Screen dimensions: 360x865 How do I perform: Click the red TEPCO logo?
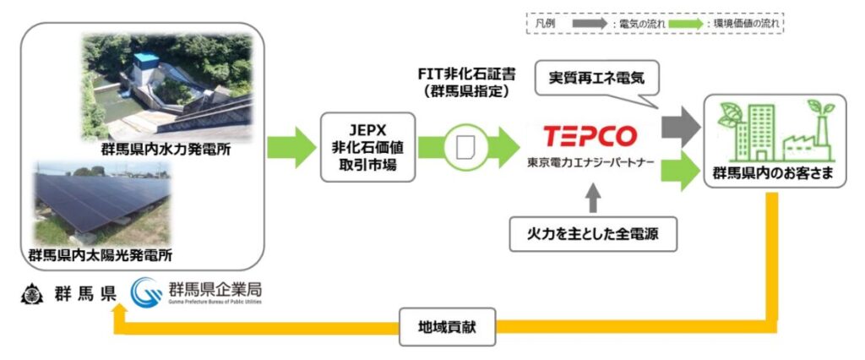pyautogui.click(x=590, y=136)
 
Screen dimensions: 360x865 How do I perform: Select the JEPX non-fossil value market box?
pyautogui.click(x=368, y=147)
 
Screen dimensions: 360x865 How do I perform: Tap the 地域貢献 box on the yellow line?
pyautogui.click(x=447, y=325)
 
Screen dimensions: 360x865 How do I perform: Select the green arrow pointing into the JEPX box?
pyautogui.click(x=290, y=147)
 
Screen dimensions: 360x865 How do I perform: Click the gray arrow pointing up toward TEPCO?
pyautogui.click(x=594, y=196)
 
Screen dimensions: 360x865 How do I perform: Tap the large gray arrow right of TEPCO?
pyautogui.click(x=682, y=126)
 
